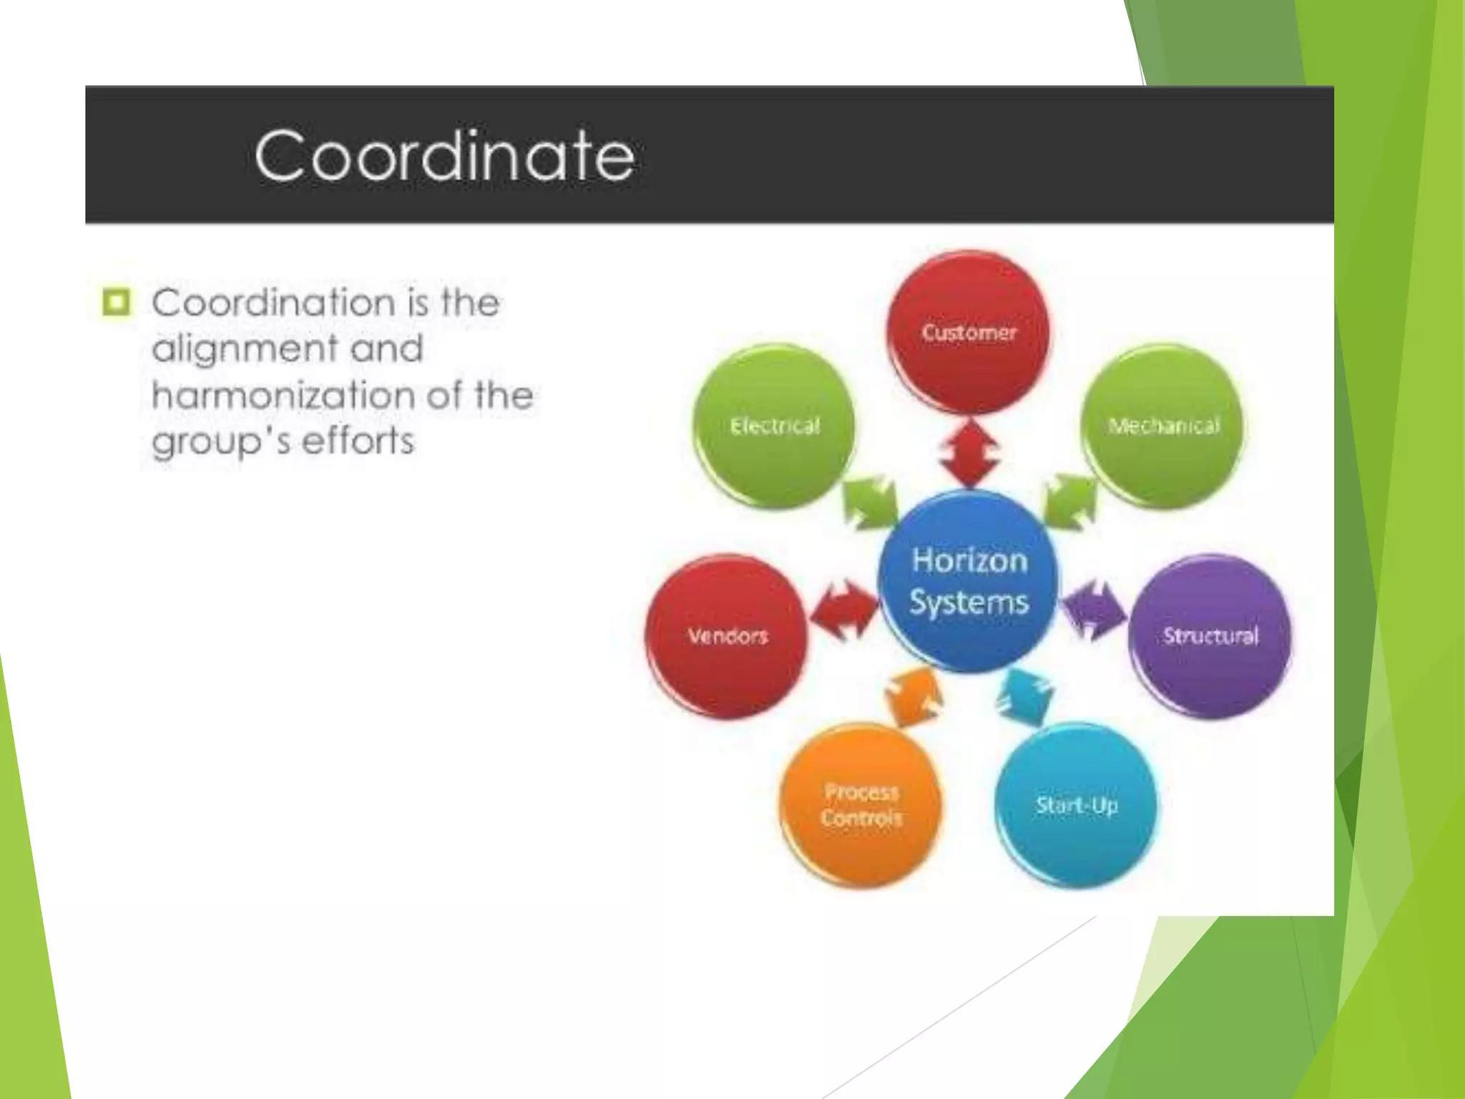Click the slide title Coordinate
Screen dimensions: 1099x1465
click(x=444, y=155)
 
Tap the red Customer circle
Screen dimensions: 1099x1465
click(x=969, y=332)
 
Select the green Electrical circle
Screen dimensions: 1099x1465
click(x=775, y=426)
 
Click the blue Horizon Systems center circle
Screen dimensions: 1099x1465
click(x=969, y=581)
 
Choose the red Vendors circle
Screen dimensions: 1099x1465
click(x=727, y=635)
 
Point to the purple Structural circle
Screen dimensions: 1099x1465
click(x=1210, y=635)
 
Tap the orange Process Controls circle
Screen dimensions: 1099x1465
click(x=861, y=806)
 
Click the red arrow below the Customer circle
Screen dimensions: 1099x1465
click(x=969, y=453)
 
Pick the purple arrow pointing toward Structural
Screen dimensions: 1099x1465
click(x=1093, y=610)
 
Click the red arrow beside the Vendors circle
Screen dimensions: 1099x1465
click(x=845, y=610)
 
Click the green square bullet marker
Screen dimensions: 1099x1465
click(x=117, y=302)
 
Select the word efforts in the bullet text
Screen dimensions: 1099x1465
click(x=358, y=441)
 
